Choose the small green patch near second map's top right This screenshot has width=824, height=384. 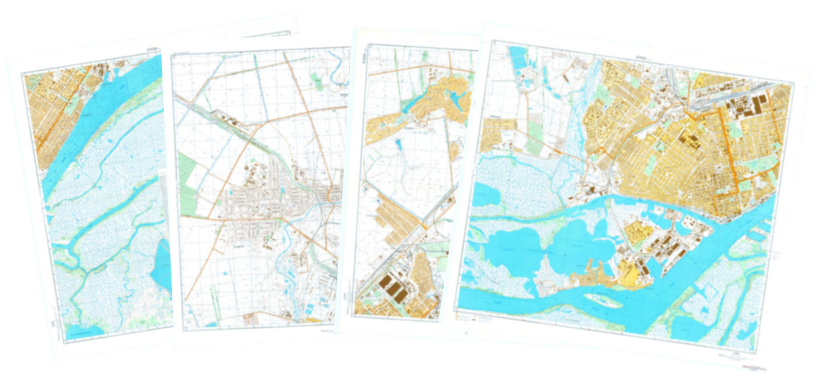tap(316, 80)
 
